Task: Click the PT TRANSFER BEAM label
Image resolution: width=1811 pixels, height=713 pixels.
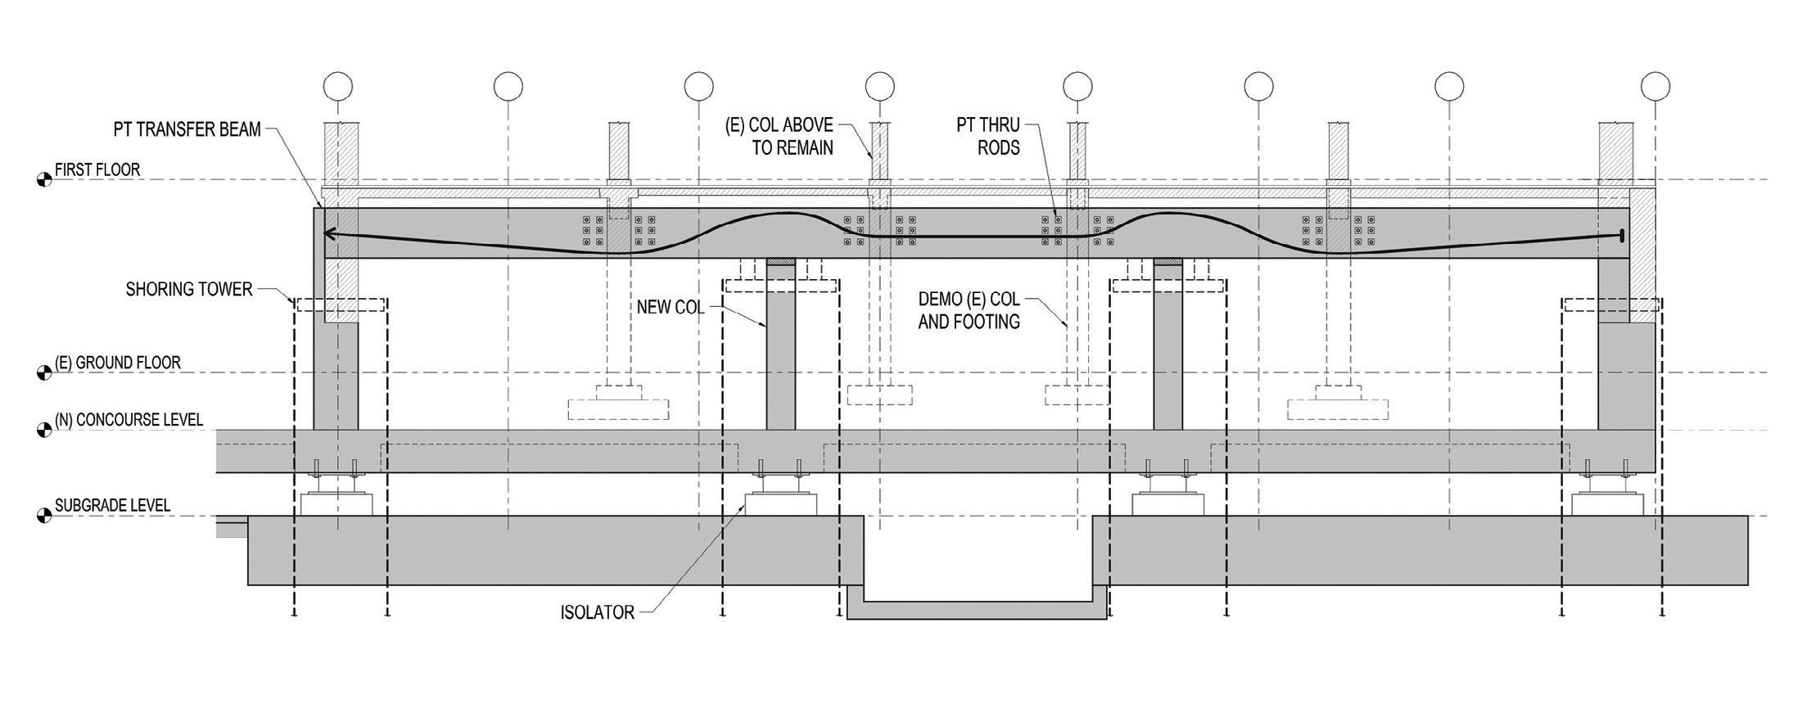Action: pos(187,129)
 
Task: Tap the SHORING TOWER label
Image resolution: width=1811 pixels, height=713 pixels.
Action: pos(189,290)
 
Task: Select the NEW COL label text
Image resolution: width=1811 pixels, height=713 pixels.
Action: pos(671,308)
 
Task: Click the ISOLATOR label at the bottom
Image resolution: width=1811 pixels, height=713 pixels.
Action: pos(598,613)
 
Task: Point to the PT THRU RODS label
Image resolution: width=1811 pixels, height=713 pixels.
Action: pos(988,136)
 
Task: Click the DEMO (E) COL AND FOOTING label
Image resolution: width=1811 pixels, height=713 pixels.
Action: pos(969,311)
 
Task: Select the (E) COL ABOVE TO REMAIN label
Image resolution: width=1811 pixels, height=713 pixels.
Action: pos(779,137)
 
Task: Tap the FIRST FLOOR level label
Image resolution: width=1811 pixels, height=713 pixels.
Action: pos(97,170)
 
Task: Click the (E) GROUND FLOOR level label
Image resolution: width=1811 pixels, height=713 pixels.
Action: pos(118,363)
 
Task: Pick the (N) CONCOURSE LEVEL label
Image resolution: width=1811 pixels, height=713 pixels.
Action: pos(129,420)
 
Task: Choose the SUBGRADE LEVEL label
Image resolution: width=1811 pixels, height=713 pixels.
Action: pos(112,506)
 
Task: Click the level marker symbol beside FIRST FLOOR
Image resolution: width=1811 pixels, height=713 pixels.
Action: pos(44,180)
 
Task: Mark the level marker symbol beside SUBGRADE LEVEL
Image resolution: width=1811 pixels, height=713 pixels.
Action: pos(44,517)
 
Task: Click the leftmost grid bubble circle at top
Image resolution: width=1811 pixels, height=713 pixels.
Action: pos(337,85)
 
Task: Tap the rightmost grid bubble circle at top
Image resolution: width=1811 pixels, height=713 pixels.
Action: pos(1655,85)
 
